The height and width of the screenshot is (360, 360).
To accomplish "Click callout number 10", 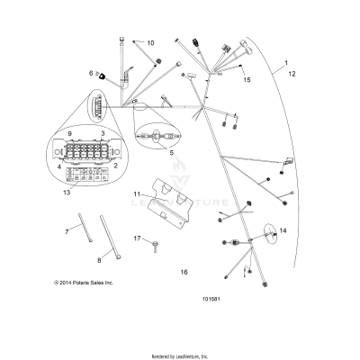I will click(150, 43).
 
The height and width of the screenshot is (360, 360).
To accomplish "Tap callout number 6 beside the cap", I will click(91, 72).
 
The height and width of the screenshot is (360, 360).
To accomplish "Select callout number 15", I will click(246, 79).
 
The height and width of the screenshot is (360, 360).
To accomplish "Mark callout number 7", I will click(66, 231).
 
